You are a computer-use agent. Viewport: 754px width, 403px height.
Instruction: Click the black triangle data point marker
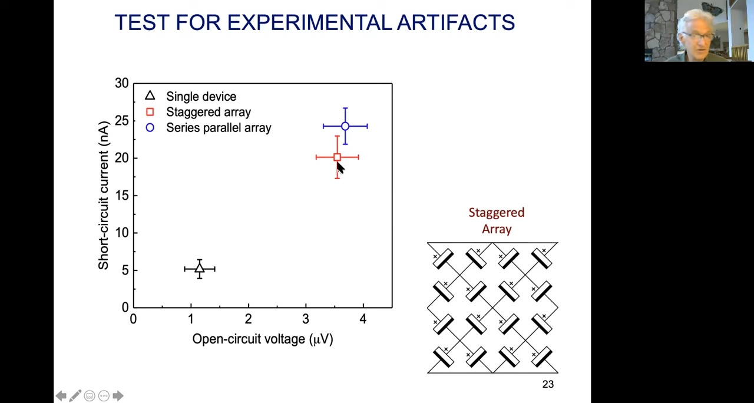200,268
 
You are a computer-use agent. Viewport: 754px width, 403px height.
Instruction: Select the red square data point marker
338,157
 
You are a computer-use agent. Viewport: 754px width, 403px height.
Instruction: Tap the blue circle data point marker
345,126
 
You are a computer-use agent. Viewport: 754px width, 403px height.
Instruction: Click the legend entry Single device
201,96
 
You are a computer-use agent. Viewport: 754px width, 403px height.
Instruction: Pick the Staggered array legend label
209,112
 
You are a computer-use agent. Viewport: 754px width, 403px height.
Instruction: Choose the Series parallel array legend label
219,128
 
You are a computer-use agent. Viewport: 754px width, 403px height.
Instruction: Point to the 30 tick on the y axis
121,83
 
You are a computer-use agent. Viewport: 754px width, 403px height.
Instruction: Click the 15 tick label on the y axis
121,196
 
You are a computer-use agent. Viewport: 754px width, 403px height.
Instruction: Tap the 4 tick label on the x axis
363,319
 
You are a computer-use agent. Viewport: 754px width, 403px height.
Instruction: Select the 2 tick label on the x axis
248,319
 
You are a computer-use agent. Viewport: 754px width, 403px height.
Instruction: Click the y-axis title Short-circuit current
103,196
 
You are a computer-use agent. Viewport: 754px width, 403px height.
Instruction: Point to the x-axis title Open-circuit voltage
263,339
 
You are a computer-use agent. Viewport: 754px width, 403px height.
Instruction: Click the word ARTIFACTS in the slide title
456,22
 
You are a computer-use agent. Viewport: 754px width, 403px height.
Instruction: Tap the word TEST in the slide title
142,22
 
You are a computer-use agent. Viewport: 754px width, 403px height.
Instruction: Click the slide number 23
548,384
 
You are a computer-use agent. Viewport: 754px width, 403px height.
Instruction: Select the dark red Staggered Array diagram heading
497,221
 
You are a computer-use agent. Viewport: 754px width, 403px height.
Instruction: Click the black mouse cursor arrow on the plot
340,168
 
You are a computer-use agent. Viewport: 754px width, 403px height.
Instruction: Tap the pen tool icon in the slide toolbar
75,395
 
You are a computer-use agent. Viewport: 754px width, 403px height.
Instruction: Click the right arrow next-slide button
118,395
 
